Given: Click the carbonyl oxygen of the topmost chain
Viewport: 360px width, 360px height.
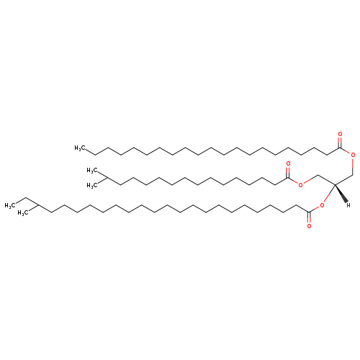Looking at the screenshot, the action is [340, 134].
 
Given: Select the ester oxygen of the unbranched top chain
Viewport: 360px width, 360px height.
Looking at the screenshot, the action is [353, 155].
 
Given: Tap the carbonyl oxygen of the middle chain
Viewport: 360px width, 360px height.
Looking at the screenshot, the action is [288, 163].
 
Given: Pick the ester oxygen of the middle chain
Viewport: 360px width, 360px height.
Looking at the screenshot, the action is [300, 184].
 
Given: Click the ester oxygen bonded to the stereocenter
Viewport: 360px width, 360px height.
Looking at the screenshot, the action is [322, 205].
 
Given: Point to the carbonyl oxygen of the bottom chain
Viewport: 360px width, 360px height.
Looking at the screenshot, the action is [309, 226].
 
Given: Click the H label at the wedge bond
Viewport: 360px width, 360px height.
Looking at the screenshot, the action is [348, 205].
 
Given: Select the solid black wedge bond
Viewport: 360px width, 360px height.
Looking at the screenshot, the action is [341, 194].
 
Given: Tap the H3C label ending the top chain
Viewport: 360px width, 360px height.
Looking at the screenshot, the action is [80, 148].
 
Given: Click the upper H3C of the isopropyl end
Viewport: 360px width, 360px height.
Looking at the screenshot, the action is [92, 171].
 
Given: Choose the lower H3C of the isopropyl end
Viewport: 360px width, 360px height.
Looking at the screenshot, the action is [92, 185].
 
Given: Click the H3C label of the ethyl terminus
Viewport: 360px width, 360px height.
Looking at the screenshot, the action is [10, 206].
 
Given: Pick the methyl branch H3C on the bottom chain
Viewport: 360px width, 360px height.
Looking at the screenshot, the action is [23, 213].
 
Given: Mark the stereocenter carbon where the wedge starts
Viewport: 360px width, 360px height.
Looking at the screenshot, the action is [335, 184].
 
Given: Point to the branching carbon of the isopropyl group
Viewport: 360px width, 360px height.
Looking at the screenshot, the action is [107, 178].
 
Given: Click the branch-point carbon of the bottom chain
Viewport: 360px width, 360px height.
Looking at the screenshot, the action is [38, 205].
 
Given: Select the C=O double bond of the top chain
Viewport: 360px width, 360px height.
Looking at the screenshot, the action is [340, 143].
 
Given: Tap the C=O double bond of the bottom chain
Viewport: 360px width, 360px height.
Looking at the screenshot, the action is [309, 217].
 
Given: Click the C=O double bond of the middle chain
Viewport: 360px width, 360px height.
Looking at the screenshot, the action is [288, 172].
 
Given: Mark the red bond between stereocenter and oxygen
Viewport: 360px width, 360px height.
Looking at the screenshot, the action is [329, 194].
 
